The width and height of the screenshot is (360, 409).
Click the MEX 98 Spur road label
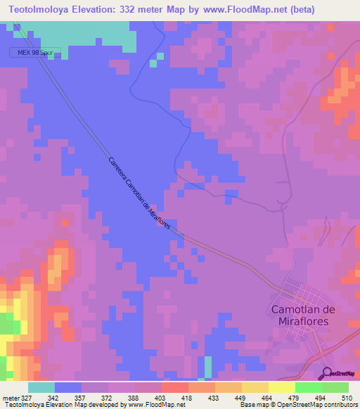tap(35, 53)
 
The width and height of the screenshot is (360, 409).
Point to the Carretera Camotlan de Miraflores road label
tap(139, 196)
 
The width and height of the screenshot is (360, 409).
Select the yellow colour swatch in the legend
tap(281, 387)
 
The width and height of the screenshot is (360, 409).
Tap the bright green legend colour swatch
tap(309, 387)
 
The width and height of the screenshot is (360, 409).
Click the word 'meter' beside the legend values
tap(10, 397)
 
